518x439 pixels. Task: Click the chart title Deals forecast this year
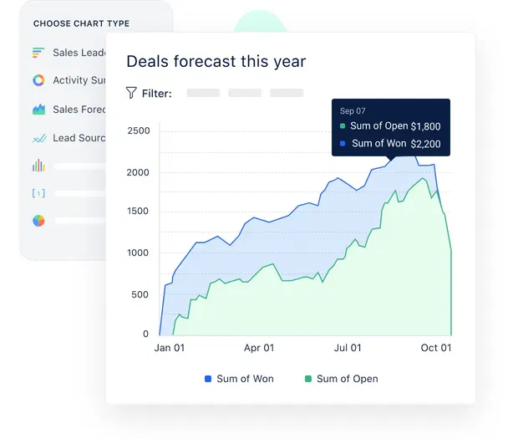216,62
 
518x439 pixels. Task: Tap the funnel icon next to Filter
131,93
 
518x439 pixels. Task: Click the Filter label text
156,94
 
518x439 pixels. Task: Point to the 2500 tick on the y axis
139,131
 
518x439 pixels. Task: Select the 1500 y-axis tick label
139,212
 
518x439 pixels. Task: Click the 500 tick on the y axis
142,294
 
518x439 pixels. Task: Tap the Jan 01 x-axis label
170,348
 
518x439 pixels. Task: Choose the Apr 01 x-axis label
258,348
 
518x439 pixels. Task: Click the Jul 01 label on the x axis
348,348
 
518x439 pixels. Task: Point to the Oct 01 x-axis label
435,348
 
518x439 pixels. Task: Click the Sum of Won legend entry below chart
239,379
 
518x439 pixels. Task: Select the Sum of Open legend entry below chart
342,379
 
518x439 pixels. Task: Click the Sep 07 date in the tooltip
353,110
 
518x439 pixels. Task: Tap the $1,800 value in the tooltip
425,126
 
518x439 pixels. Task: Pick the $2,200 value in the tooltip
425,143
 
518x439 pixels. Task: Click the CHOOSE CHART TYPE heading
81,23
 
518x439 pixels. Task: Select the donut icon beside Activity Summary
38,81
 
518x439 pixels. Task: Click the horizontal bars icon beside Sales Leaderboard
38,53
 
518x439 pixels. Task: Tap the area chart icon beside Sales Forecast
38,110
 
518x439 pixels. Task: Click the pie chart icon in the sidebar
38,221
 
